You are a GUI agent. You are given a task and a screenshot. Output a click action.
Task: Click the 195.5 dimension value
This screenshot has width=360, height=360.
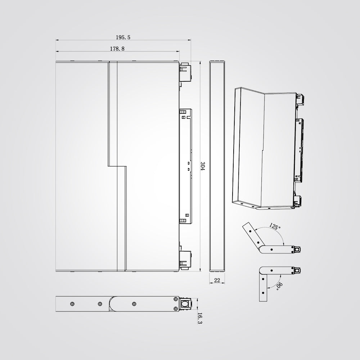[123, 37]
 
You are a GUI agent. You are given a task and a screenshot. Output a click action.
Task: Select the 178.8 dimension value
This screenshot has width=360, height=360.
[117, 49]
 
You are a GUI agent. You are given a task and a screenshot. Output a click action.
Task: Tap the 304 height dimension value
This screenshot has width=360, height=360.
[202, 166]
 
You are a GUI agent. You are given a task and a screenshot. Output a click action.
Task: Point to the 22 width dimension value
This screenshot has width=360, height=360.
[217, 280]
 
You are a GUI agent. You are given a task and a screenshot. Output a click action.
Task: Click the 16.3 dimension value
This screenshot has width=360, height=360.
[199, 318]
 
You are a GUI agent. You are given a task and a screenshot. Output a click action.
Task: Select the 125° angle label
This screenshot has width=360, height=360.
[275, 226]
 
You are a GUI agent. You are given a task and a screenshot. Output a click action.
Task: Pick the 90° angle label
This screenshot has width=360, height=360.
[279, 286]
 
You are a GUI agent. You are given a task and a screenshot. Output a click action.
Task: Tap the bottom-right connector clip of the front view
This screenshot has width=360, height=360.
[185, 260]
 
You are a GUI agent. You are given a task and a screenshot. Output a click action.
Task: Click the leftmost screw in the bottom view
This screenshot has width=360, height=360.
[72, 304]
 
